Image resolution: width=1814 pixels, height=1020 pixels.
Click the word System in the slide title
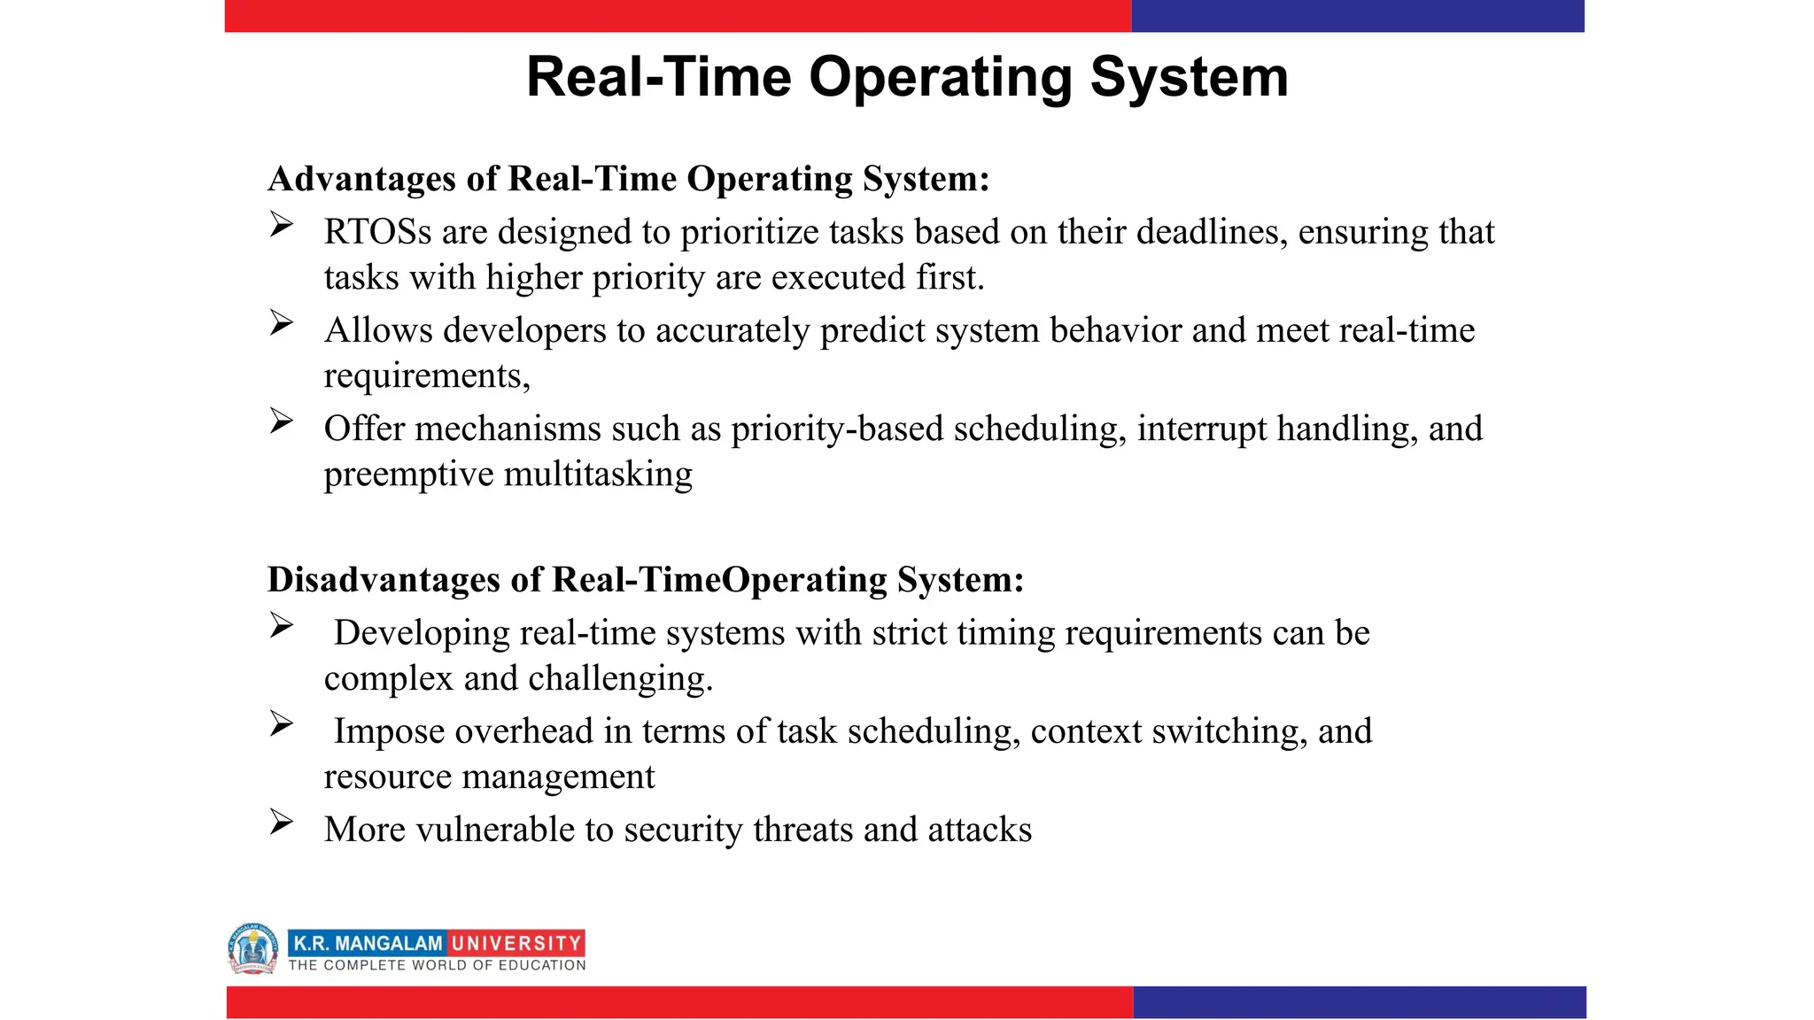click(x=1189, y=78)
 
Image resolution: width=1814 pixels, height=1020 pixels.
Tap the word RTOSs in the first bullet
click(x=377, y=232)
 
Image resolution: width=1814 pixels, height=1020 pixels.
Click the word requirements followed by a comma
click(x=426, y=376)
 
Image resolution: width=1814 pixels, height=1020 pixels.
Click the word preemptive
click(x=408, y=475)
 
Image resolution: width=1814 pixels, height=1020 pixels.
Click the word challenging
click(x=620, y=679)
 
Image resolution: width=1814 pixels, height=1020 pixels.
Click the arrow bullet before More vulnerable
click(x=282, y=823)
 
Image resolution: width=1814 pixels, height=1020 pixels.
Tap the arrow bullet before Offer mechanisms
click(x=282, y=421)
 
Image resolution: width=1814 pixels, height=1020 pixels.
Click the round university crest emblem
click(x=252, y=948)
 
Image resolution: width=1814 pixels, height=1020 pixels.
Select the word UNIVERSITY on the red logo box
click(x=516, y=943)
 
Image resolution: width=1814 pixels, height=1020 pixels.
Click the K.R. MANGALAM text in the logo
click(x=367, y=943)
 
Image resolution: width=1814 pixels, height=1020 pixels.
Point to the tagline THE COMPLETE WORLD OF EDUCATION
click(x=437, y=965)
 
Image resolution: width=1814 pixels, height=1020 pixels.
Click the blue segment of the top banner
click(x=1357, y=16)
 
